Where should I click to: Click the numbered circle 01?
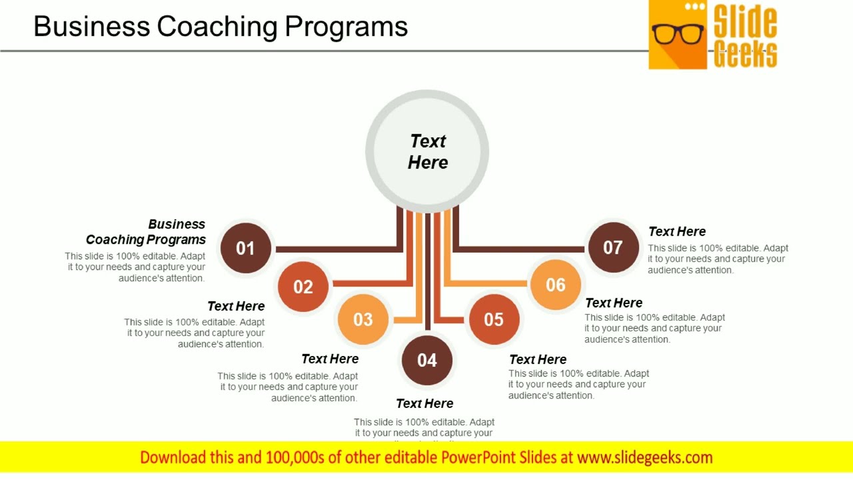[x=246, y=248]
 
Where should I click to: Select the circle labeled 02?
[x=303, y=287]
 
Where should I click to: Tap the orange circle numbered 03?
[x=363, y=319]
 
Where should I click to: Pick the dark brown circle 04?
[x=426, y=360]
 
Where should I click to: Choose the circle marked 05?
[x=494, y=319]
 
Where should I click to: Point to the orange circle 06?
[x=556, y=285]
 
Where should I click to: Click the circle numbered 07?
[x=613, y=248]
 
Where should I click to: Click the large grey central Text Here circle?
[x=427, y=152]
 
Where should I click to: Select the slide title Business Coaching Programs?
[x=221, y=27]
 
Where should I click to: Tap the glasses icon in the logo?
[x=677, y=33]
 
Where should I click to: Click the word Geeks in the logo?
[x=745, y=54]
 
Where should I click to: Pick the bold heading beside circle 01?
[x=147, y=232]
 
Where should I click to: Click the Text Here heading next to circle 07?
[x=676, y=231]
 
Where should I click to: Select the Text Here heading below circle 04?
[x=425, y=403]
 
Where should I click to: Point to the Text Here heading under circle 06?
[x=613, y=303]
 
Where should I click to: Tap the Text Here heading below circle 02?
[x=236, y=306]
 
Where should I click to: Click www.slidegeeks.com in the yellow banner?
[x=644, y=457]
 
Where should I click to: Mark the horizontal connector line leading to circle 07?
[x=520, y=249]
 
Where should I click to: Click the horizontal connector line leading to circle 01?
[x=337, y=249]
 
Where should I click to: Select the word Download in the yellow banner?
[x=172, y=457]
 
